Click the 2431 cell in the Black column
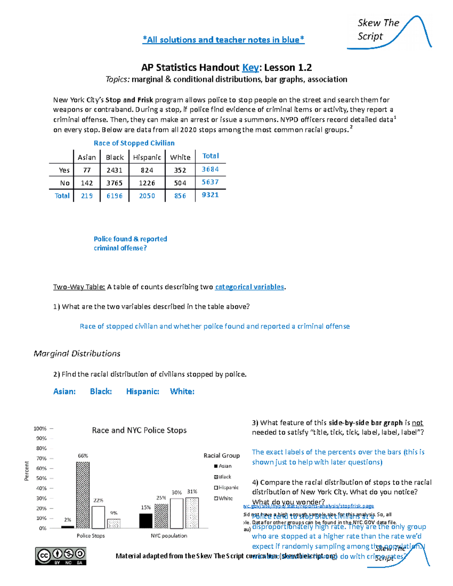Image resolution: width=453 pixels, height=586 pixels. [114, 170]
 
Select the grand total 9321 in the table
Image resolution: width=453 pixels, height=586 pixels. [210, 195]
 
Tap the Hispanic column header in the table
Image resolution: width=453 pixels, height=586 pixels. [147, 157]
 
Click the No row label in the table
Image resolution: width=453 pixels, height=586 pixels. [65, 183]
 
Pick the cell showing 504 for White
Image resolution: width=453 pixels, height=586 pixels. [180, 183]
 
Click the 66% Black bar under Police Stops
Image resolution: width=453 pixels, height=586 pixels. [83, 495]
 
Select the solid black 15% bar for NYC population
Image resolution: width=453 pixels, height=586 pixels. [146, 521]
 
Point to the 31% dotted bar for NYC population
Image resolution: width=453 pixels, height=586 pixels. [192, 513]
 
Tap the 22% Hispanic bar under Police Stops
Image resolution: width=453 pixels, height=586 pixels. [98, 517]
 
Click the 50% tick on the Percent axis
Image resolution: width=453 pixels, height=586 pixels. [41, 478]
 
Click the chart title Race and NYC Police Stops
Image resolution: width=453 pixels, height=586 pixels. [139, 430]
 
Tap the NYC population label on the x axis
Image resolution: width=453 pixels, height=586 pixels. [169, 535]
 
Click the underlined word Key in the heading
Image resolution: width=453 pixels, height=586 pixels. [250, 68]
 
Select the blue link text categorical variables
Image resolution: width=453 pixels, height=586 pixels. [249, 287]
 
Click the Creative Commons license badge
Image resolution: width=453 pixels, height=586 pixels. [61, 556]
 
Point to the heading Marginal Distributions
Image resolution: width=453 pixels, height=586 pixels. [77, 354]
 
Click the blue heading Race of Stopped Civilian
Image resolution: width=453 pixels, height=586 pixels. [134, 143]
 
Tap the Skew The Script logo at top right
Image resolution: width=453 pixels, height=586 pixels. [389, 32]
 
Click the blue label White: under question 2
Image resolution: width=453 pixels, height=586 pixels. [182, 391]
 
